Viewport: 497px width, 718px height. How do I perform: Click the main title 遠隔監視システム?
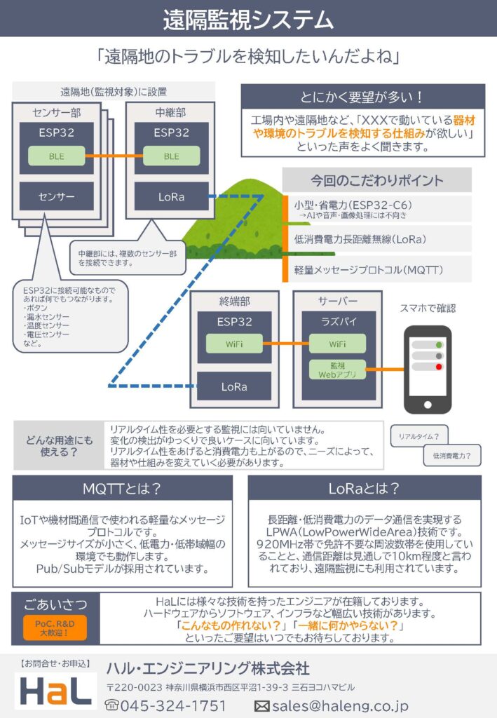pyautogui.click(x=248, y=19)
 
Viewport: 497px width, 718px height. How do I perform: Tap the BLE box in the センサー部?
pyautogui.click(x=56, y=156)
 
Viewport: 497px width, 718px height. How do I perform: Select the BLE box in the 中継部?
pyautogui.click(x=171, y=156)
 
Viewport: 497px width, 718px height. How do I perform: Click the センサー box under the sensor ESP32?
pyautogui.click(x=56, y=196)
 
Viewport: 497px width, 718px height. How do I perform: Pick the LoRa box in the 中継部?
pyautogui.click(x=171, y=196)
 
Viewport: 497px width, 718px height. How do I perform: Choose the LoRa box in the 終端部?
pyautogui.click(x=235, y=386)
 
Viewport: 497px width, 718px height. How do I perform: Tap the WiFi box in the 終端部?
pyautogui.click(x=235, y=344)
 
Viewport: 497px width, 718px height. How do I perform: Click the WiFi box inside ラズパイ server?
pyautogui.click(x=337, y=344)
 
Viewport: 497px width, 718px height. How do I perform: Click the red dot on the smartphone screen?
pyautogui.click(x=439, y=367)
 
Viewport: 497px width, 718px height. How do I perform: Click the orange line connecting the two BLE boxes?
pyautogui.click(x=114, y=156)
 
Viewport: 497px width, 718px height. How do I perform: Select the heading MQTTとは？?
pyautogui.click(x=122, y=488)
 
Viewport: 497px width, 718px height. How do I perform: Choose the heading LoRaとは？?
pyautogui.click(x=365, y=488)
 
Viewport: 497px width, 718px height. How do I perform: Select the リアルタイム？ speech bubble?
pyautogui.click(x=419, y=436)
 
